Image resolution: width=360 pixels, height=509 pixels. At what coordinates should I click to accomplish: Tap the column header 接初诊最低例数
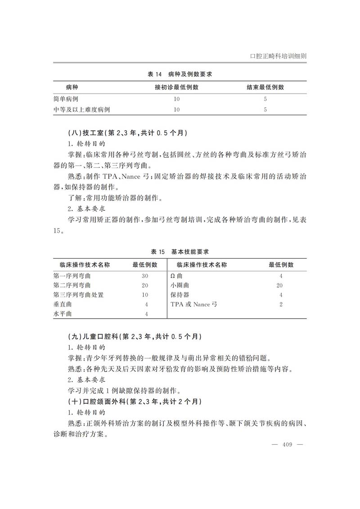click(x=177, y=87)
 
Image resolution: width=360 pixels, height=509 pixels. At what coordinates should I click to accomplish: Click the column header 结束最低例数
click(x=265, y=87)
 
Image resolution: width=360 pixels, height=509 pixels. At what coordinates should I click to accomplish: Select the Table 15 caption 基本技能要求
click(x=180, y=251)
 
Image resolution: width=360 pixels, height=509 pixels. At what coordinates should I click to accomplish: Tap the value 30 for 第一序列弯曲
click(x=145, y=276)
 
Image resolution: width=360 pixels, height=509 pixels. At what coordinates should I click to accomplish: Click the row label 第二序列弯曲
click(x=72, y=285)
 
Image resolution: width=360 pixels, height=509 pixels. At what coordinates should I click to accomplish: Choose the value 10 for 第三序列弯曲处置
click(x=145, y=295)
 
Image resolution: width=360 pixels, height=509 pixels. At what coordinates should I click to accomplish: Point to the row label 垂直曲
click(x=63, y=305)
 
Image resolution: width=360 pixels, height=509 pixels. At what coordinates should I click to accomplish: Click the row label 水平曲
click(x=63, y=314)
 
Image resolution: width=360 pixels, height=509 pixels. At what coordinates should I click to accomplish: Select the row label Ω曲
click(x=177, y=276)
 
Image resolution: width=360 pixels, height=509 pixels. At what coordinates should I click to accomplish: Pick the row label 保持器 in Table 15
click(x=180, y=295)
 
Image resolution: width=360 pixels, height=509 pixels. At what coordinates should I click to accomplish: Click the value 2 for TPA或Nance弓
click(x=281, y=305)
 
